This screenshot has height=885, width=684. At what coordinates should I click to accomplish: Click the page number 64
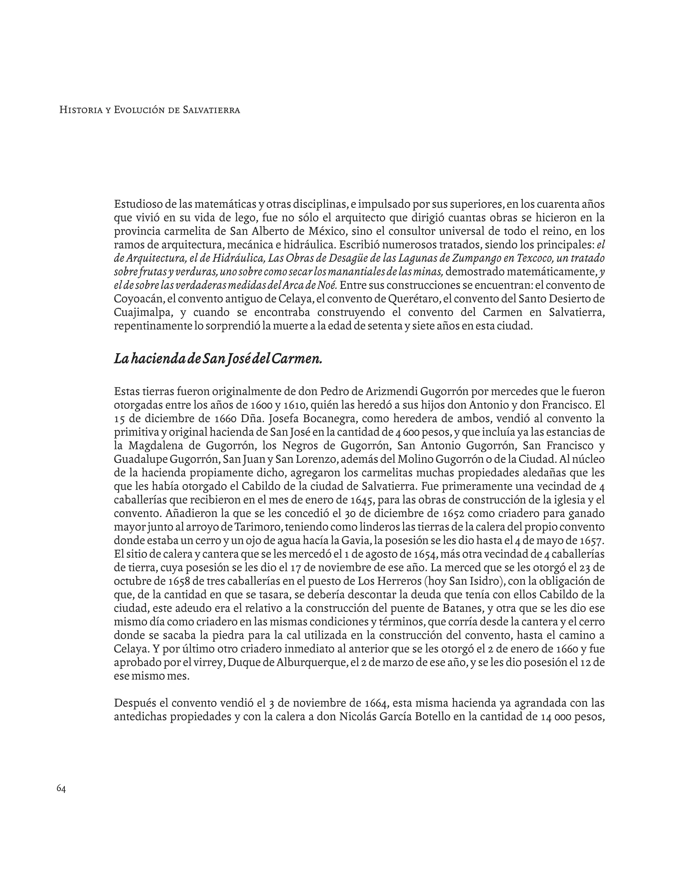click(61, 788)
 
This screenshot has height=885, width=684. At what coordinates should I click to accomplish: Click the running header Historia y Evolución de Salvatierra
click(150, 110)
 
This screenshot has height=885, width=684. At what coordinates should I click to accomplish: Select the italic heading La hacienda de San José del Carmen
click(218, 359)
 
